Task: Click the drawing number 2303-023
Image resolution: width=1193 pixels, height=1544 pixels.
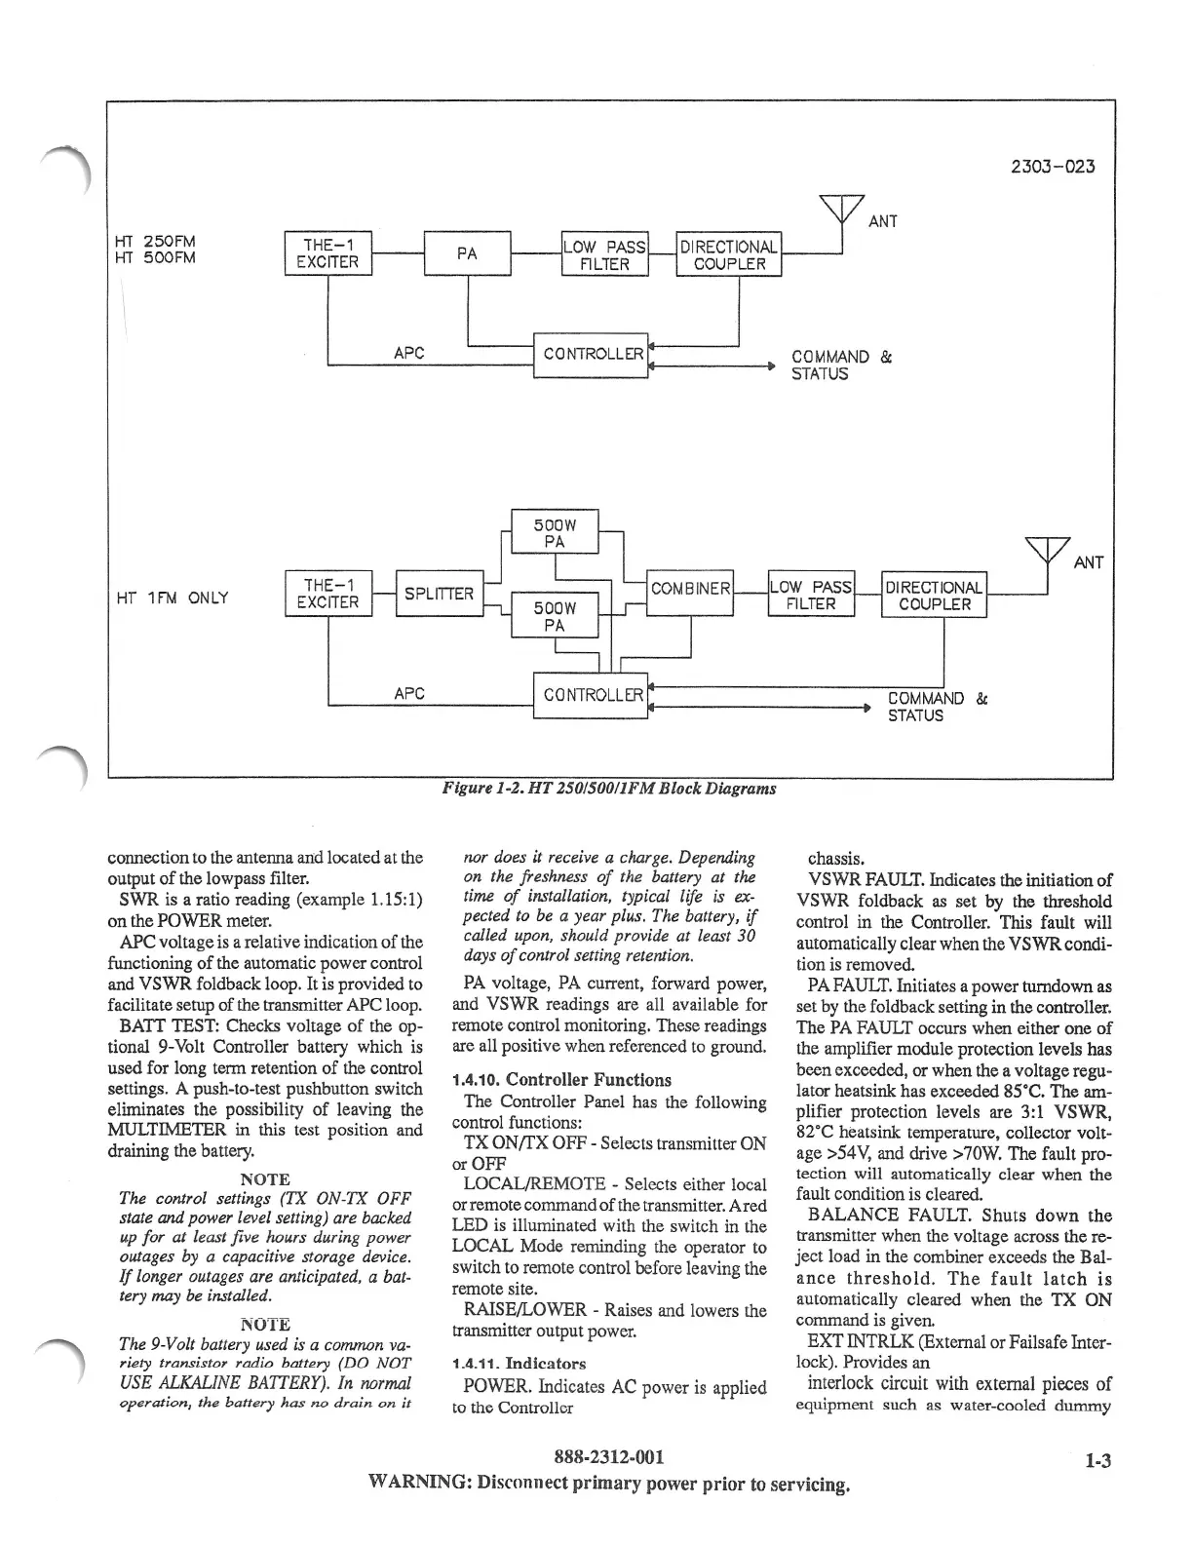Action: click(1055, 166)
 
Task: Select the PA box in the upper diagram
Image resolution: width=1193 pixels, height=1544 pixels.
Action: click(467, 254)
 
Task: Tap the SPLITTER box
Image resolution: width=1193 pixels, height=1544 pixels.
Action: click(439, 594)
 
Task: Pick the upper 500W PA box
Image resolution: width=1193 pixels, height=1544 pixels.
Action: click(555, 532)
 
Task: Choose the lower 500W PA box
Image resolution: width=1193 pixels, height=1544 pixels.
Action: click(555, 615)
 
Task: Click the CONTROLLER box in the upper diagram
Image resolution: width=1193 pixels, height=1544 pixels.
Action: click(591, 354)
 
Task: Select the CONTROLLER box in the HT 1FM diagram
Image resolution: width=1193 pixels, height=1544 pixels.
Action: click(591, 695)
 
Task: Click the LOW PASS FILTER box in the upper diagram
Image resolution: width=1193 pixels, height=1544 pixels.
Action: click(605, 254)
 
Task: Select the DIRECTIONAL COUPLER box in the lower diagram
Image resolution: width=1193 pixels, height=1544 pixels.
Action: click(934, 595)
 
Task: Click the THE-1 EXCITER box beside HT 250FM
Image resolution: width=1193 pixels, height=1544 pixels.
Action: click(327, 254)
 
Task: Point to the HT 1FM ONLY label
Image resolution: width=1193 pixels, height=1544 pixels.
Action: click(172, 598)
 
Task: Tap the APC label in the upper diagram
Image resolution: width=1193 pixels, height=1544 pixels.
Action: click(408, 353)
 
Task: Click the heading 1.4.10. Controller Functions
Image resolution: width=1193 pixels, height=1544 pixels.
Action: click(561, 1080)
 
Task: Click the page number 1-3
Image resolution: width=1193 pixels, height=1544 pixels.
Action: click(1097, 1460)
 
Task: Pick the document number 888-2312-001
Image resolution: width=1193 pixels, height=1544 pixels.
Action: click(608, 1457)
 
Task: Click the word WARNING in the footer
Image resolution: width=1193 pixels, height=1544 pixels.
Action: click(419, 1485)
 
